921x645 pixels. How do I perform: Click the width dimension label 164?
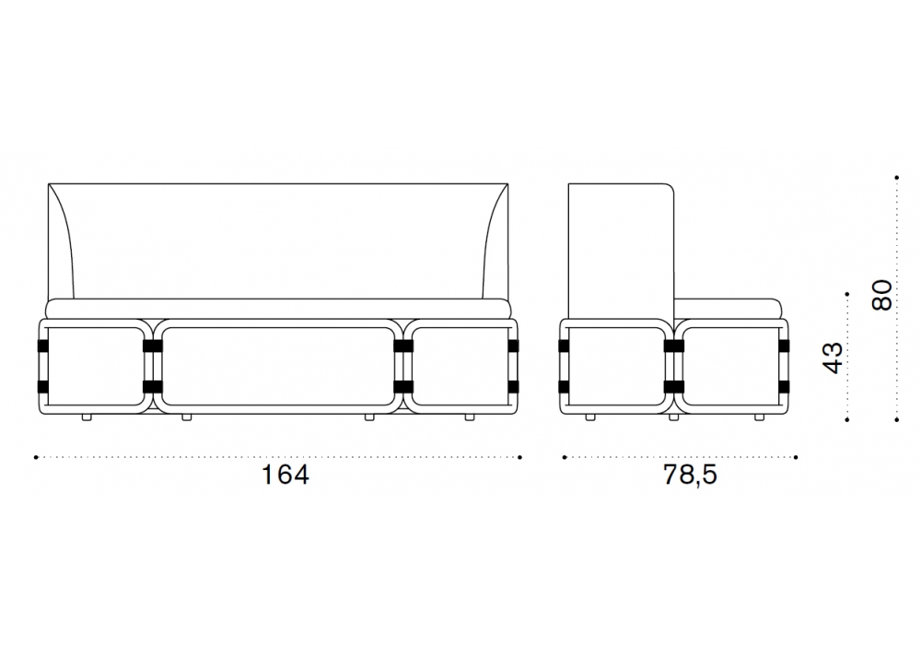click(285, 475)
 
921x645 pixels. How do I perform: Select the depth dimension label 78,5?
click(690, 475)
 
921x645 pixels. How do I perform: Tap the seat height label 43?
click(833, 358)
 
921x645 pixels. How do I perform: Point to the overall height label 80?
click(881, 295)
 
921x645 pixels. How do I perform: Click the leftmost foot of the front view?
click(87, 417)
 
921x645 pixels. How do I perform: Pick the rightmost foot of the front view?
click(470, 417)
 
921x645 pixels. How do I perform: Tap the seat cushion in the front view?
click(278, 309)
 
